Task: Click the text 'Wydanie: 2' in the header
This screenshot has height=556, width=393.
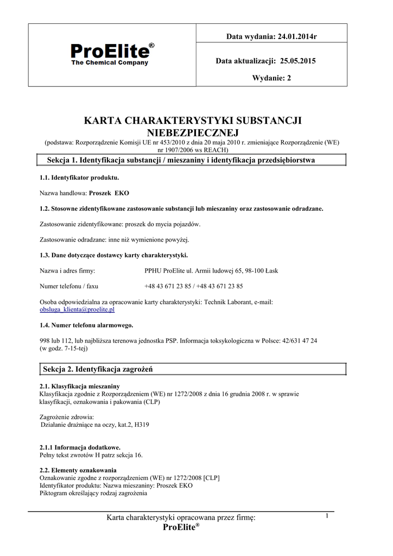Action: tap(271, 78)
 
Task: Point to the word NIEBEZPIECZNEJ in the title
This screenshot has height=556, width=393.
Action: tap(193, 132)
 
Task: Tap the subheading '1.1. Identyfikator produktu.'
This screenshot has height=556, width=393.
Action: tap(79, 178)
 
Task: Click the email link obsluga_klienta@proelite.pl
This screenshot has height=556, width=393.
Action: tap(77, 309)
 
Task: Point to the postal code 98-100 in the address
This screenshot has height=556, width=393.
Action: tap(252, 270)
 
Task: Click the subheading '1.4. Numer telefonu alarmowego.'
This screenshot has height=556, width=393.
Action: tap(86, 325)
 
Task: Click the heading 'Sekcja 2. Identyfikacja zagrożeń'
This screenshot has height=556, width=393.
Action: tap(98, 369)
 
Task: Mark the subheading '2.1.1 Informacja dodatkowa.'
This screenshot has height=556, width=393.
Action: tap(80, 447)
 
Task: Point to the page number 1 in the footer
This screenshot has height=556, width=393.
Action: tap(327, 516)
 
